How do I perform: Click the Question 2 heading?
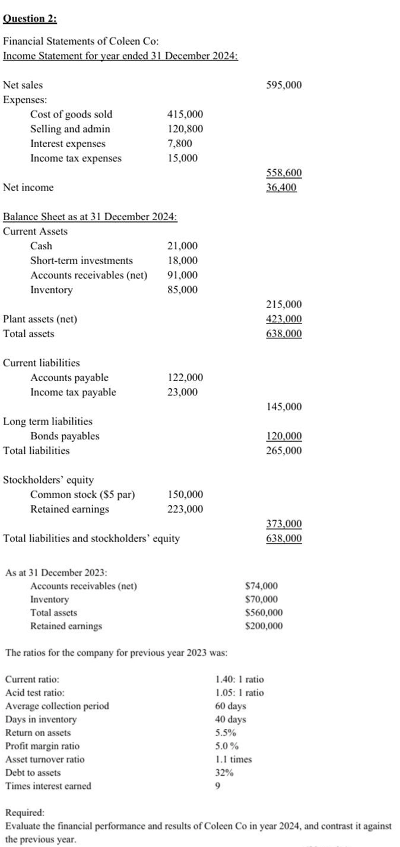[30, 18]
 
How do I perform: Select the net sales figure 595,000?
[284, 85]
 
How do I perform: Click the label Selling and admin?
[70, 129]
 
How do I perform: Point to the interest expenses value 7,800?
[180, 144]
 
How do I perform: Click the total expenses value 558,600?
[284, 173]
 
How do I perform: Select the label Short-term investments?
[81, 261]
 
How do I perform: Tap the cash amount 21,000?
[183, 246]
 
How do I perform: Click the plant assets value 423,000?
[284, 319]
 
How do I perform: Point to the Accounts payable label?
[69, 377]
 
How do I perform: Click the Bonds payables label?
[65, 436]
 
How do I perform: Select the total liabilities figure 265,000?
[284, 451]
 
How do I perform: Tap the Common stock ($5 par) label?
[82, 495]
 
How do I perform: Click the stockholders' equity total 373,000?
[284, 524]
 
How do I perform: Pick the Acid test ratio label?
[35, 693]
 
